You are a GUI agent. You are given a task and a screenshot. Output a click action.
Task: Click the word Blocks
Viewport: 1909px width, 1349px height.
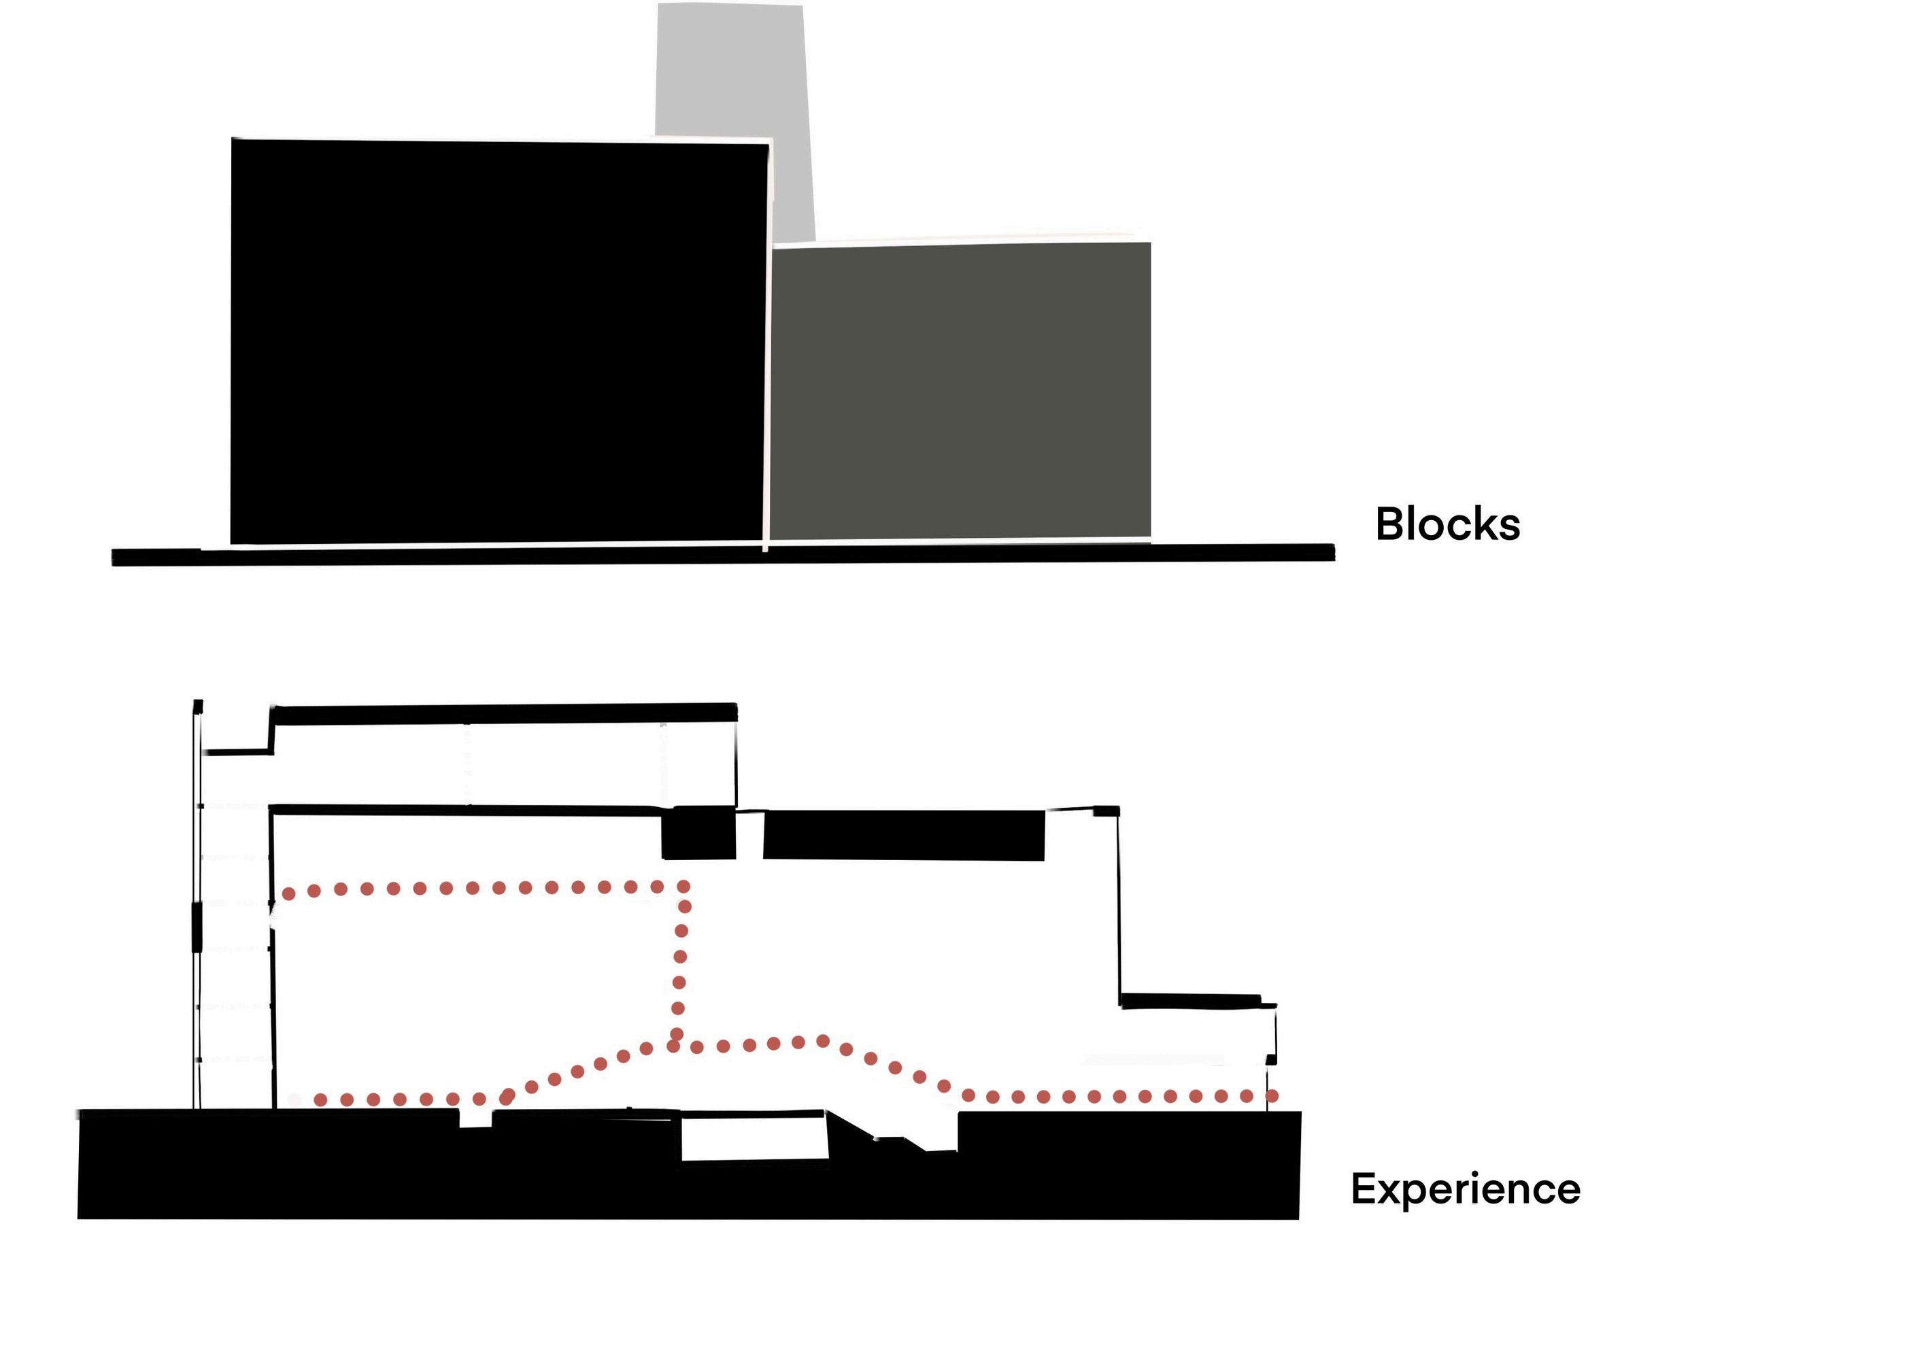coord(1447,524)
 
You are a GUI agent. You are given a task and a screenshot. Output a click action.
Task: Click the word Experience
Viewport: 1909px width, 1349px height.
coord(1465,1189)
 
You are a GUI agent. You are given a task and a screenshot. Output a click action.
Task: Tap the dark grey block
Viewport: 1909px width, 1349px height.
coord(960,391)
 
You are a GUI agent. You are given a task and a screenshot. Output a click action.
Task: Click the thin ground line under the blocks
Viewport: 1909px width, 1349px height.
coord(724,556)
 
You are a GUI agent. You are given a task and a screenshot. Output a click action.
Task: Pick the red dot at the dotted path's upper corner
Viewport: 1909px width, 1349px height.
coord(683,887)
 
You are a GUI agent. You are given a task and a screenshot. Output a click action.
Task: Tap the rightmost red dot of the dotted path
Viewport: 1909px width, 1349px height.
coord(1271,1096)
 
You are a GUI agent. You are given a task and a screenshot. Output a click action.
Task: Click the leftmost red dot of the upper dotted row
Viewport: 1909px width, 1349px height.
coord(288,893)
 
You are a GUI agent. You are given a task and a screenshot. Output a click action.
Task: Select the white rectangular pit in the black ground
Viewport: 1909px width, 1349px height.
coord(754,1140)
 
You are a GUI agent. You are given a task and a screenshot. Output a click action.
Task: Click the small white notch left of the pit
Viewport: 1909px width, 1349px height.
coord(475,1120)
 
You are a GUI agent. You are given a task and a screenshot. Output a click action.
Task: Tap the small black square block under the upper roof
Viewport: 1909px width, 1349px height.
coord(698,833)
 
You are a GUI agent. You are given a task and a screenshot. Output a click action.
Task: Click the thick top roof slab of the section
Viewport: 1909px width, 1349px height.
coord(505,713)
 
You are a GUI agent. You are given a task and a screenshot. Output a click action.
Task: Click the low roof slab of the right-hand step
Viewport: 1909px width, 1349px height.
coord(1191,1000)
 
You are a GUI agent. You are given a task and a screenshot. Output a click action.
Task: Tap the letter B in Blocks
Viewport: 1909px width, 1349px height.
coord(1390,524)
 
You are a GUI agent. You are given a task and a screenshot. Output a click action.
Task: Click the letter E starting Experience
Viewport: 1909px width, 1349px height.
coord(1365,1188)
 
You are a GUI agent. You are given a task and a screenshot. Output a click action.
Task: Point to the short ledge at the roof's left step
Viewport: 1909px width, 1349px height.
coord(239,752)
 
